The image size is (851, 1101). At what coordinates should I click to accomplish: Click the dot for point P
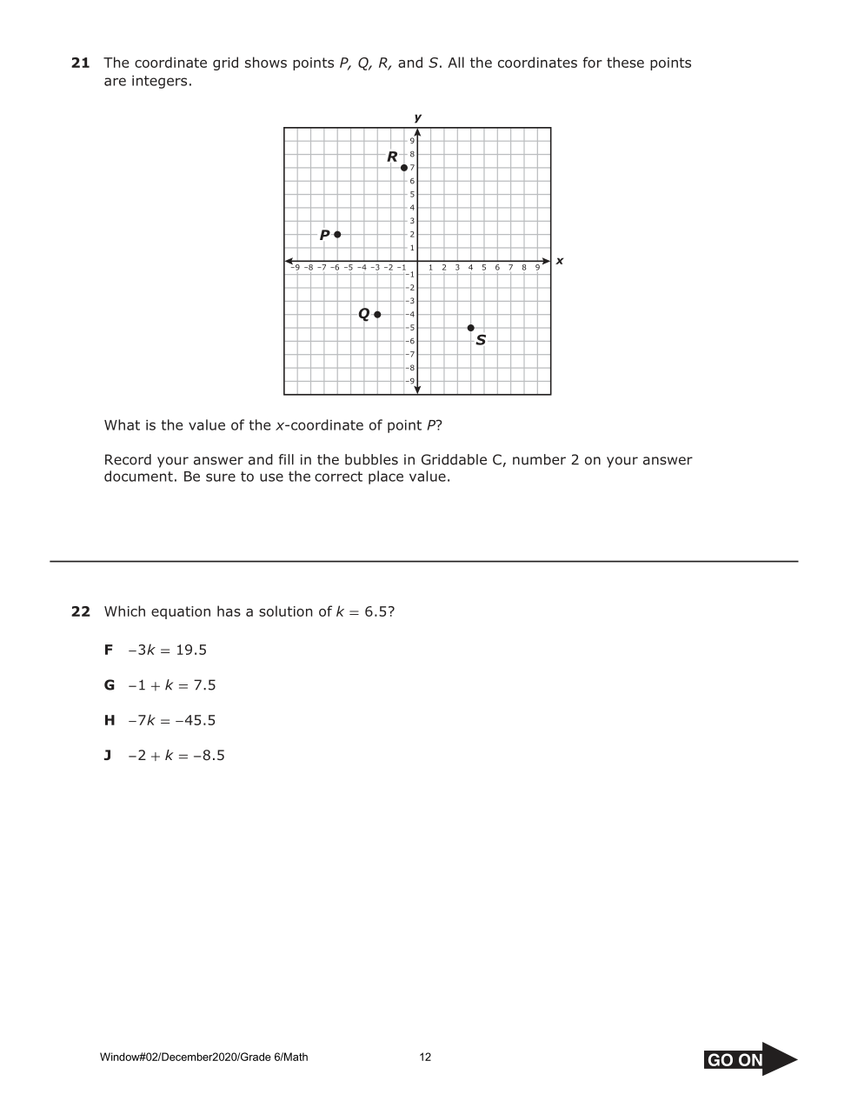[x=337, y=234]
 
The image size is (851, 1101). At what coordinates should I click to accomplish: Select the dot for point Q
[x=377, y=314]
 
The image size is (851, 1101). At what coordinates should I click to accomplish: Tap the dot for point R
[x=404, y=167]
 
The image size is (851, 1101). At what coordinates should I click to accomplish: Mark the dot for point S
[x=470, y=328]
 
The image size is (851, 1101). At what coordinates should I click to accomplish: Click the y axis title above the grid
[x=418, y=117]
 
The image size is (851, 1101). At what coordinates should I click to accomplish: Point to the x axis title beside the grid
[x=559, y=261]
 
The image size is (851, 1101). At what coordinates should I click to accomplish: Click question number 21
[x=80, y=63]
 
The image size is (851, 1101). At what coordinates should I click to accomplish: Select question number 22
[x=80, y=612]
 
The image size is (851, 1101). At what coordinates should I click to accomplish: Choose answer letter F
[x=109, y=651]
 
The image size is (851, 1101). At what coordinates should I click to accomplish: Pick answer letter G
[x=110, y=685]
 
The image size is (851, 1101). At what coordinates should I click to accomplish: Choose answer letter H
[x=110, y=721]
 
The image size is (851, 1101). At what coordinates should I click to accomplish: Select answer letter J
[x=108, y=756]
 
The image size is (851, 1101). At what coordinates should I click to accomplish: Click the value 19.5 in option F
[x=191, y=651]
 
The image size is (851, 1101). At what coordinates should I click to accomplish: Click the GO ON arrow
[x=750, y=1059]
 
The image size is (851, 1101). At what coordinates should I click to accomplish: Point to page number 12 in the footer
[x=425, y=1058]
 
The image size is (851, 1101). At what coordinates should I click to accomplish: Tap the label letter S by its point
[x=481, y=340]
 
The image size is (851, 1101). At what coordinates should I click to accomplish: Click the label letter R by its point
[x=392, y=157]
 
